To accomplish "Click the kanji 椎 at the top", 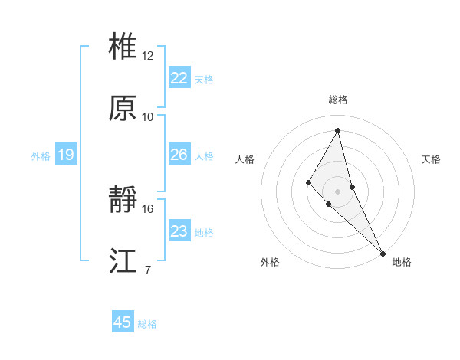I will [x=123, y=47].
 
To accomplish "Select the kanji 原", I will [x=123, y=108].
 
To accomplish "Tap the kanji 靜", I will [x=123, y=200].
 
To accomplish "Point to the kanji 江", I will [x=123, y=261].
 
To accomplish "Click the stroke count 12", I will [x=148, y=56].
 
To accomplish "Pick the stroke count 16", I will [x=148, y=208].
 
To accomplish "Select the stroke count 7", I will [x=148, y=270].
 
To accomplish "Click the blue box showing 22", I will [x=179, y=78].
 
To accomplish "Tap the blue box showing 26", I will [x=179, y=155].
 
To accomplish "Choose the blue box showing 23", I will [x=179, y=231].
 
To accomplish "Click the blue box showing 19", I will [x=65, y=155].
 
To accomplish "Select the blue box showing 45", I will [x=123, y=322].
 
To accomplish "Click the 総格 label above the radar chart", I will [x=337, y=100].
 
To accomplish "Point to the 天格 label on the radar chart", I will [x=432, y=159].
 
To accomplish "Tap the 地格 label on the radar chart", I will [x=402, y=262].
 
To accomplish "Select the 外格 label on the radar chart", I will [x=270, y=262].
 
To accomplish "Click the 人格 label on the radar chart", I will [x=245, y=159].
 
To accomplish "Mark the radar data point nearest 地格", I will [x=382, y=252].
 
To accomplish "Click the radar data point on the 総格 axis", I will [x=337, y=130].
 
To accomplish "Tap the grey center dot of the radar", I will [x=337, y=191].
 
